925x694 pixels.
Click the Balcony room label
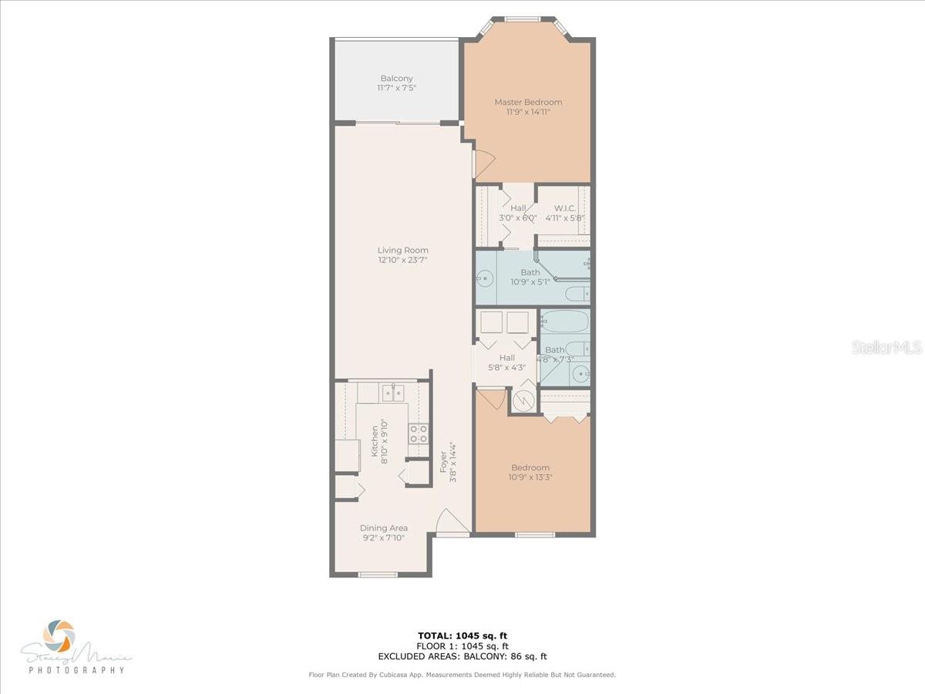[x=396, y=78]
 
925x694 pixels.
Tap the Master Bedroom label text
[x=528, y=102]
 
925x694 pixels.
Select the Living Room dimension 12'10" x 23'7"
[x=402, y=261]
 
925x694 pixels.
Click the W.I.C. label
[x=565, y=208]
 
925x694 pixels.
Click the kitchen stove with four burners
[x=419, y=434]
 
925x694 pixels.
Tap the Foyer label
[x=443, y=462]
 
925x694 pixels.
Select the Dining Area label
[x=384, y=528]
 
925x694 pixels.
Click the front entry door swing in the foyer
[x=451, y=520]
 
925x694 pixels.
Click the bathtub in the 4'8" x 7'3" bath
[x=564, y=321]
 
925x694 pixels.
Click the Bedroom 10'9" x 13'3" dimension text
[x=530, y=477]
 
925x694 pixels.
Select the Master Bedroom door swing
[x=482, y=162]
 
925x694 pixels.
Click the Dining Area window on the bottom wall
[x=378, y=574]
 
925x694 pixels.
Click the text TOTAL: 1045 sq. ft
[x=462, y=635]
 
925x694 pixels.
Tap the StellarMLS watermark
[x=886, y=348]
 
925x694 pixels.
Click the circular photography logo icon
[x=59, y=636]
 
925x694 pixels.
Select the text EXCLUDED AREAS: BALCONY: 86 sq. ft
[x=462, y=657]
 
